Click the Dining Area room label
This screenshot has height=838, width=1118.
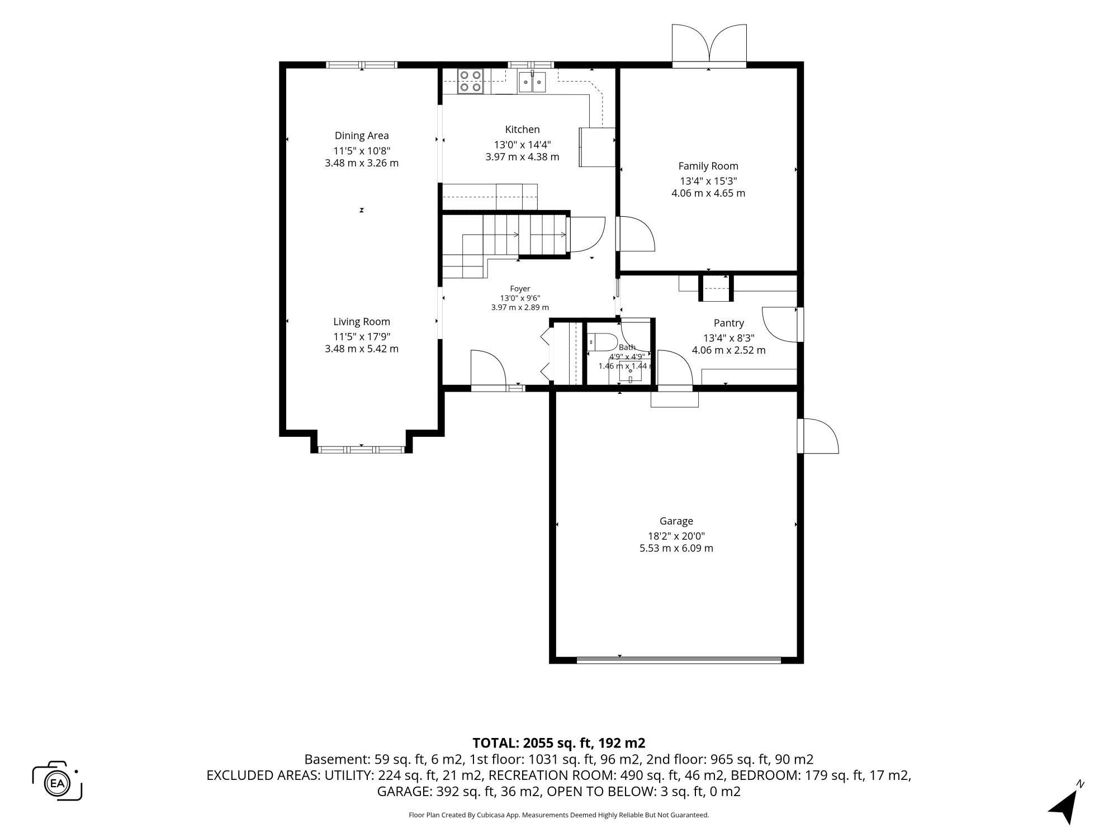point(362,136)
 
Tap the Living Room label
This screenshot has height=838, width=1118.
point(362,322)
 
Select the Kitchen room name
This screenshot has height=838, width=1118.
point(523,130)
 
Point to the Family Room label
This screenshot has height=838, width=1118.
point(708,166)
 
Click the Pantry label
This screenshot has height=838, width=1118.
point(729,323)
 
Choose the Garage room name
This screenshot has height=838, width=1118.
point(676,521)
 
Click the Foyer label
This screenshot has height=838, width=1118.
point(520,289)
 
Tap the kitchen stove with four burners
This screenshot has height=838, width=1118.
point(470,81)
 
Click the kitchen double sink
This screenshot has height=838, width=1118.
point(532,82)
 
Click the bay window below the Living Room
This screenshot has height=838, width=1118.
point(362,449)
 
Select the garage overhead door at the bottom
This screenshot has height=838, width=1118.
point(679,660)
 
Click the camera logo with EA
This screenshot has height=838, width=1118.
point(58,782)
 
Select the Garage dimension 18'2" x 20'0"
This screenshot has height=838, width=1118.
point(676,536)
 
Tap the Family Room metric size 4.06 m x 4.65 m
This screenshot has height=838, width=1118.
point(708,193)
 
